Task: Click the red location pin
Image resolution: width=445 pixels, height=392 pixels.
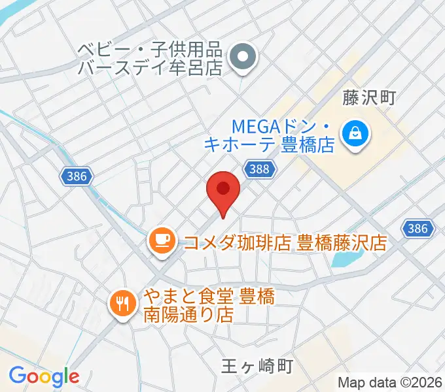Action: coord(223,191)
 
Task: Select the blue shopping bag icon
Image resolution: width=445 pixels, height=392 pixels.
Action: coord(357,133)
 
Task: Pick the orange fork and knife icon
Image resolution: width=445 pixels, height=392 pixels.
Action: coord(122,302)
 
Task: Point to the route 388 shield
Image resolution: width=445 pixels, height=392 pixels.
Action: coord(258,169)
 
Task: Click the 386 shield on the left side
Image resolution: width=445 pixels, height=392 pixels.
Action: coord(79,176)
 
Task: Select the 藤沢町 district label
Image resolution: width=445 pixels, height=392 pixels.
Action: coord(369,98)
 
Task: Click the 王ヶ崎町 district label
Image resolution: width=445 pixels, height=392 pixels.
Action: coord(255,367)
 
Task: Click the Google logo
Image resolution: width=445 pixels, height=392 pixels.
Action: coord(44,376)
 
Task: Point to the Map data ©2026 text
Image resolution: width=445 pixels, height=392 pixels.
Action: coord(390,382)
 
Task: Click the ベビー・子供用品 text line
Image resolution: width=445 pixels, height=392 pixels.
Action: coord(151,50)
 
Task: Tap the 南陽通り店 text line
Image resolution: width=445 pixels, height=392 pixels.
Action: coord(188,315)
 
